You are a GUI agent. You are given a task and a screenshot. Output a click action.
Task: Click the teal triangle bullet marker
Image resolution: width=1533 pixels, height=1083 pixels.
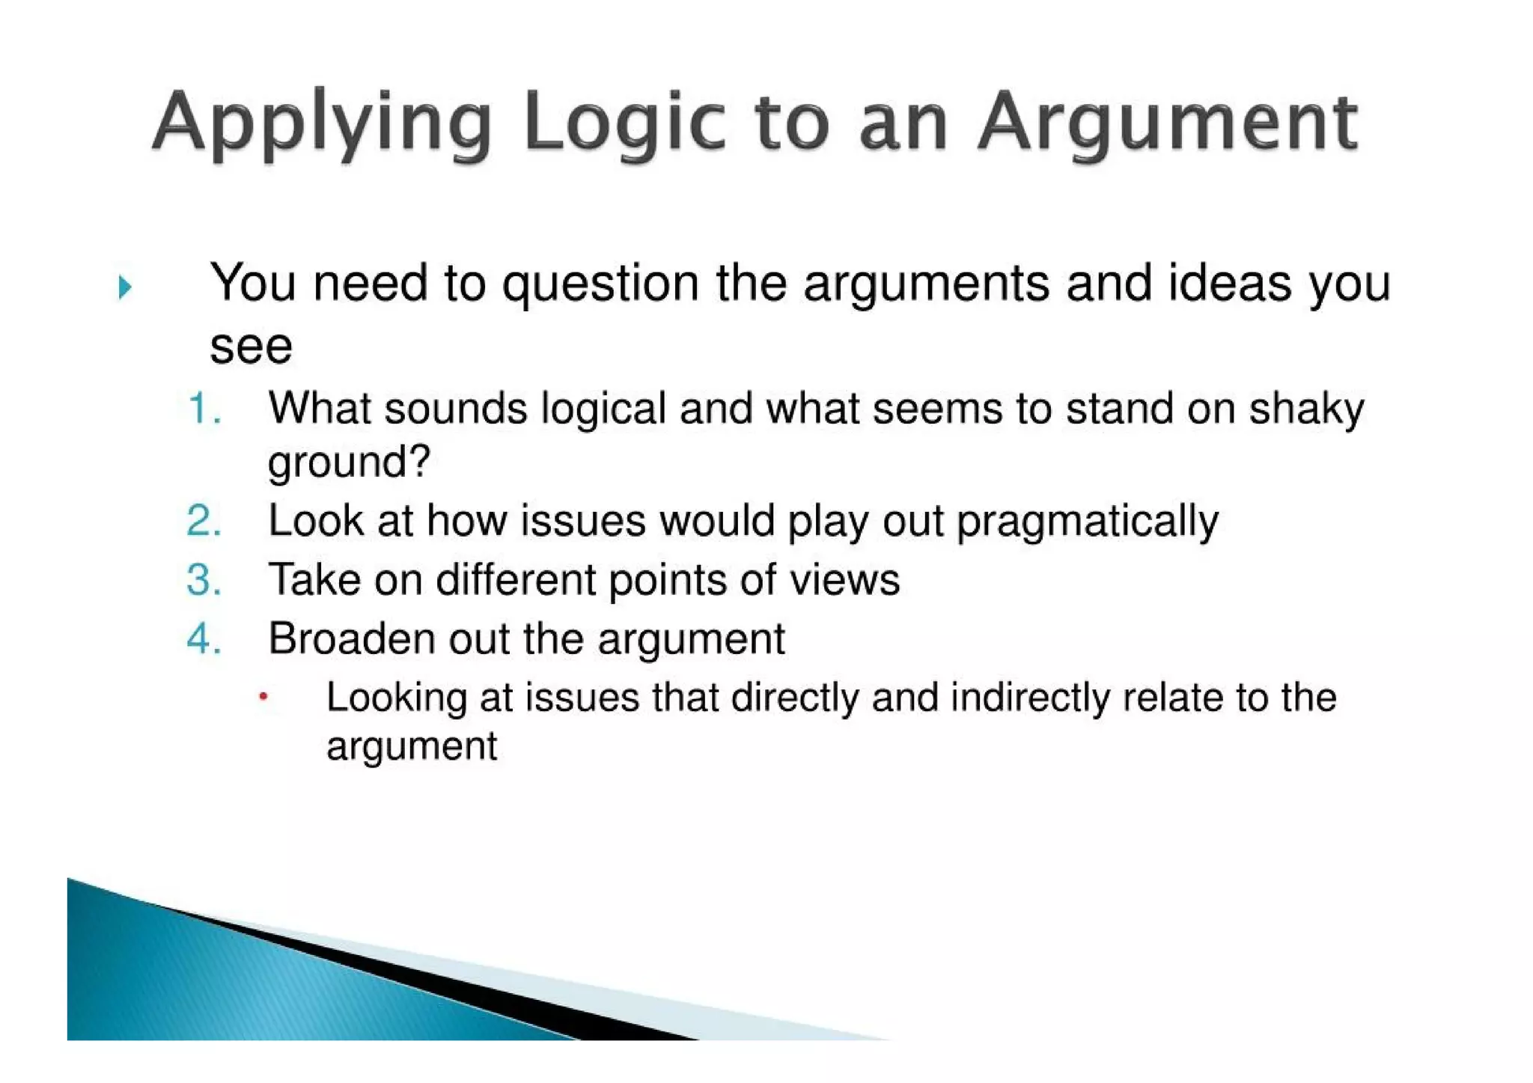point(125,287)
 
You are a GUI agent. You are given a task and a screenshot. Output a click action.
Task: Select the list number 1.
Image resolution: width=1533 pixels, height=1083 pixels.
point(203,409)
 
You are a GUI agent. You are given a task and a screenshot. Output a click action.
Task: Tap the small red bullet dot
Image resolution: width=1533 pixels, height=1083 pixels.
point(263,697)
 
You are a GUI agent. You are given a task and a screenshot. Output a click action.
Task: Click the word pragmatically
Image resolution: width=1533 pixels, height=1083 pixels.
point(1088,522)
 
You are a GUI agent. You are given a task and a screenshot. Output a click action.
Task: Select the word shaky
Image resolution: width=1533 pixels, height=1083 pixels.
point(1306,409)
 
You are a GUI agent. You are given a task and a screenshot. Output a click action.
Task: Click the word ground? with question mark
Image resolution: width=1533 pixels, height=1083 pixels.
point(349,463)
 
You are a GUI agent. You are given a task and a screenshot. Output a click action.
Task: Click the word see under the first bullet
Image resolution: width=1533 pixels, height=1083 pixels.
point(251,347)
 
